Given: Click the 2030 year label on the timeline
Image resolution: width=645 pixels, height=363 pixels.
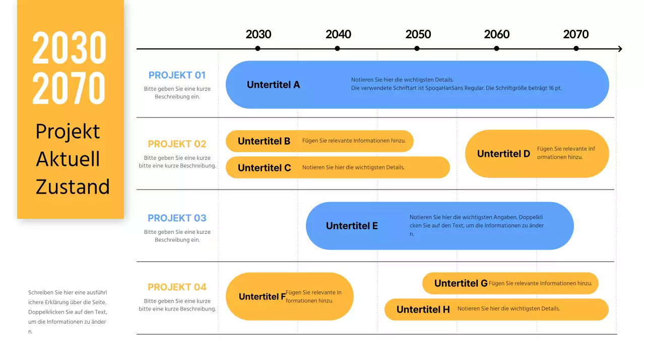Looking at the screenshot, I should point(258,34).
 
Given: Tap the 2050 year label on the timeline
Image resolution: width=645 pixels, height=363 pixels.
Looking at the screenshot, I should point(418,34).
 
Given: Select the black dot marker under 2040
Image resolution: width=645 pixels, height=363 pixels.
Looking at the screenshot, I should point(337,48).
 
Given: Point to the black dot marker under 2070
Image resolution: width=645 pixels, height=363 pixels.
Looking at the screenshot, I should point(576,48).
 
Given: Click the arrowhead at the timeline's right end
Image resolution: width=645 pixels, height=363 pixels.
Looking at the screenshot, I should point(619,49).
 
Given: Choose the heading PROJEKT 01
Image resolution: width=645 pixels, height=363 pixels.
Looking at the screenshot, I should point(177,75).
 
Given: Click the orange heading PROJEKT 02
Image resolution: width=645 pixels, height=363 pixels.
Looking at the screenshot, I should point(177,144).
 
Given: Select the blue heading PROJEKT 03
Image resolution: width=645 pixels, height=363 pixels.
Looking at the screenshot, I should point(177,218).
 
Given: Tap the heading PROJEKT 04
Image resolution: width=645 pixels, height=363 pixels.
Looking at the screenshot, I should point(177,287).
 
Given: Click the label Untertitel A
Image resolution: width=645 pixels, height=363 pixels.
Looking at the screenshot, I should point(273,85).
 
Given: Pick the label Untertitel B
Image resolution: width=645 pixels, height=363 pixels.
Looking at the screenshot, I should point(264,141).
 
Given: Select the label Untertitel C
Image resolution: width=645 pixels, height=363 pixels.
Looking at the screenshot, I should point(264,168).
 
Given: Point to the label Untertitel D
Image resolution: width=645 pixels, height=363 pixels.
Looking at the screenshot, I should point(503,154).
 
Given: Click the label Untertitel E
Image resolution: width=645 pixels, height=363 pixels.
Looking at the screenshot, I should point(352,226).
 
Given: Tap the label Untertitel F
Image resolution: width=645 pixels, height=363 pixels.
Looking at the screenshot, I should point(262,296).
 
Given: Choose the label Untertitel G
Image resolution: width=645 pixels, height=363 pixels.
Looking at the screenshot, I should point(461,283).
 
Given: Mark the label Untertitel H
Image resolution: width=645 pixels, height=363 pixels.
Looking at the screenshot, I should point(423,310).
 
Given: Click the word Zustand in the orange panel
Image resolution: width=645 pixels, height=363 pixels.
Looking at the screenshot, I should point(73,187).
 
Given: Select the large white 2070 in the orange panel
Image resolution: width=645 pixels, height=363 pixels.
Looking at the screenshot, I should point(70,88).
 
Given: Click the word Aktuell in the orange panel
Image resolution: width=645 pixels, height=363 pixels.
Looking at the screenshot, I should point(68,159).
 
